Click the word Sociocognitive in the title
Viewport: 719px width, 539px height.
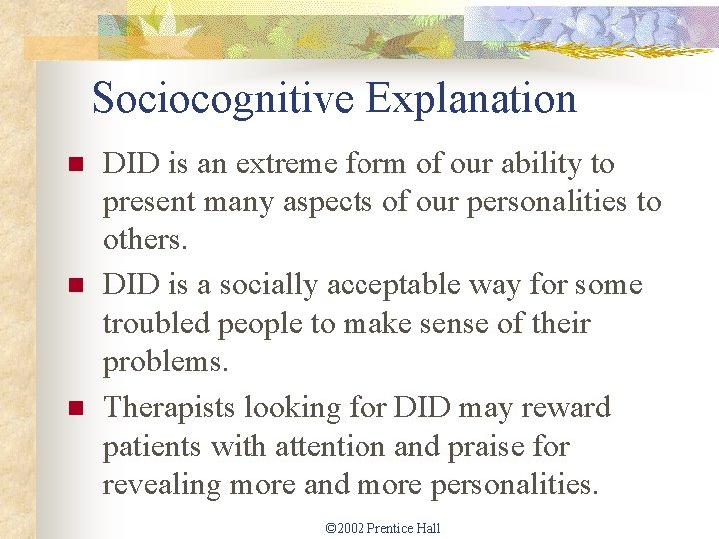[x=223, y=99]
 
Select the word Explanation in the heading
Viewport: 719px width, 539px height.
[x=471, y=99]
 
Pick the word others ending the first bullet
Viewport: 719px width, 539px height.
[x=141, y=240]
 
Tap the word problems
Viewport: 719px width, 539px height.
[x=165, y=363]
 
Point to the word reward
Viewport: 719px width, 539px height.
[x=566, y=408]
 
